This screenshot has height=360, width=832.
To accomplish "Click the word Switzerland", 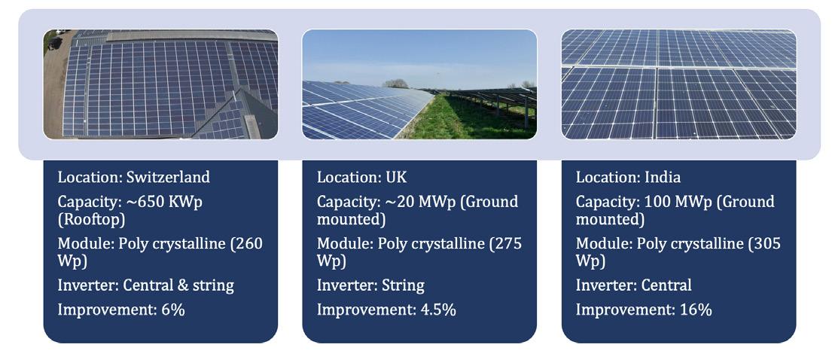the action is coord(168,177).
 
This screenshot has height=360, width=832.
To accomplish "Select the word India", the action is coord(662,177).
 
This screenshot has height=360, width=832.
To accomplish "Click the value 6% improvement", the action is coord(173,310).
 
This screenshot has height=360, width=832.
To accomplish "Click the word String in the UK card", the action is coord(404,285).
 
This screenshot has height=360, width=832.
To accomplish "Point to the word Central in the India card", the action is coord(666,285).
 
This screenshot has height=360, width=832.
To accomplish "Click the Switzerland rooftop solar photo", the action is coord(160,84).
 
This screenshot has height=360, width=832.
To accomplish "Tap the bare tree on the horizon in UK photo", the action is coord(395,84).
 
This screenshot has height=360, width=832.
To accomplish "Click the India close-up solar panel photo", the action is coord(678,84).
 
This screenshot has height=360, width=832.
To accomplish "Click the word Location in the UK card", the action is coord(346,177).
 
